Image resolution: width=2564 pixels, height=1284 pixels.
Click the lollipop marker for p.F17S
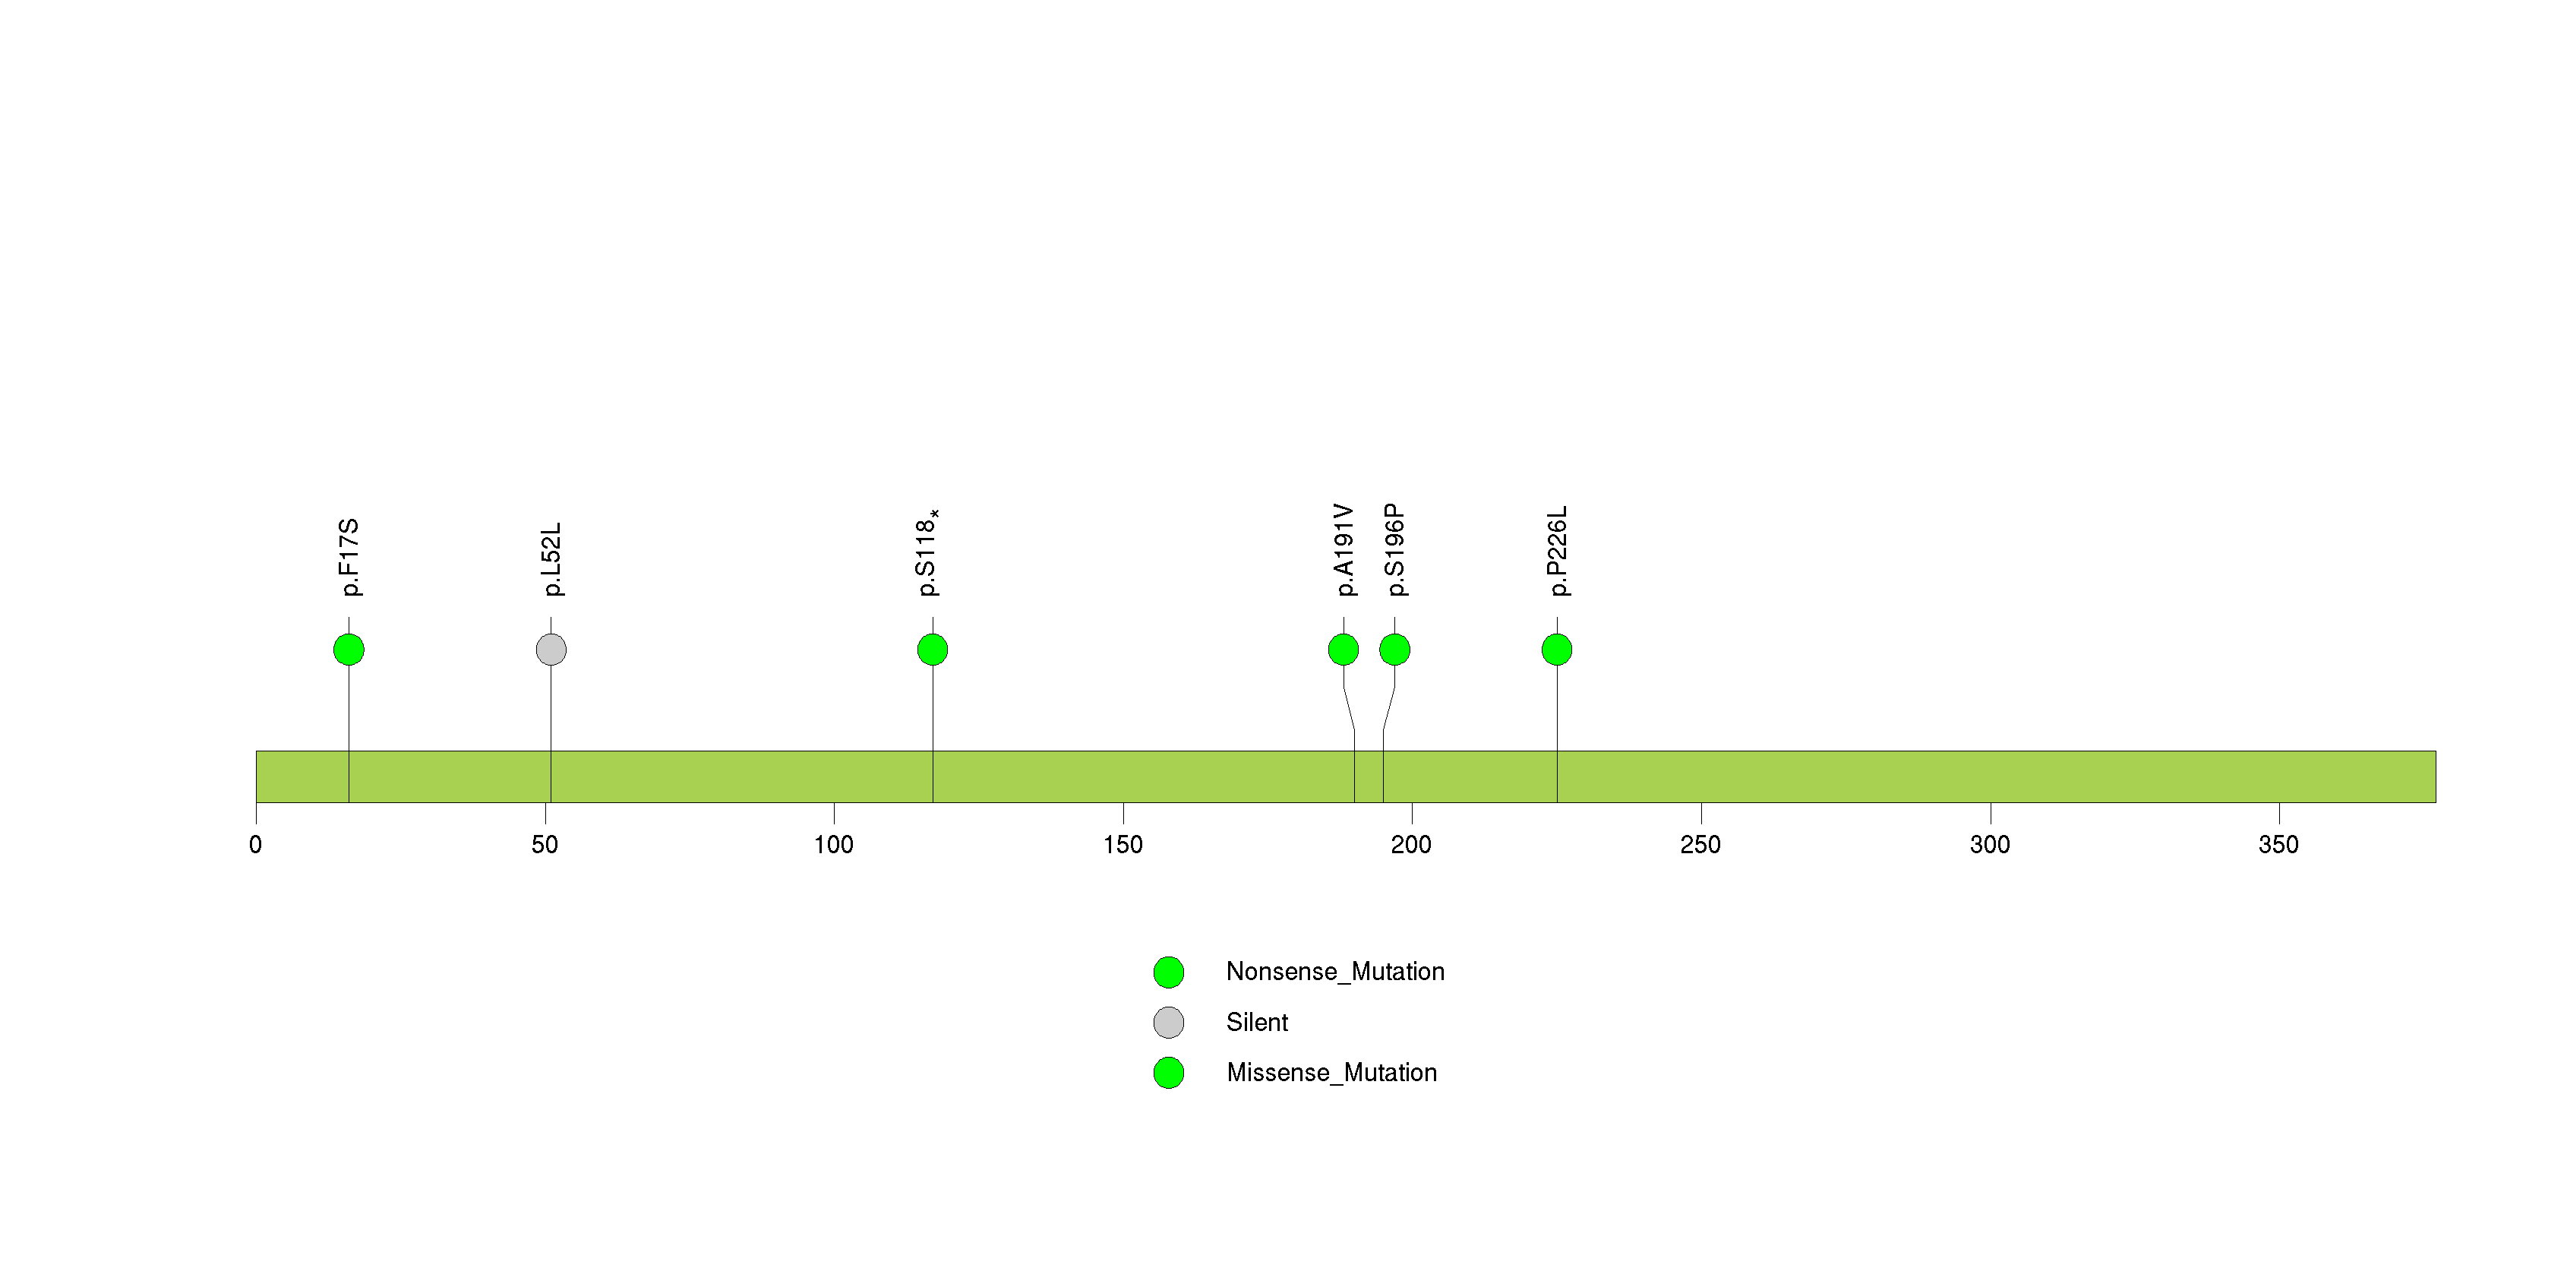tap(349, 650)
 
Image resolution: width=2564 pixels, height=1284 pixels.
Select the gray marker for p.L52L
tap(551, 650)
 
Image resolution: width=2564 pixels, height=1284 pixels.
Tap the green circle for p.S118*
tap(933, 650)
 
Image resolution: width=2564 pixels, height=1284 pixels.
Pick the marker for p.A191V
tap(1343, 650)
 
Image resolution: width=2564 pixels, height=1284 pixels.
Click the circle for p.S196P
tap(1394, 650)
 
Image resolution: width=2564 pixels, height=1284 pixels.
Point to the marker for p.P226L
tap(1557, 650)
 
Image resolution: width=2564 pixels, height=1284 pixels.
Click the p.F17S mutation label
tap(349, 558)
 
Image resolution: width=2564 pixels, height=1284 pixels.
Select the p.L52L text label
tap(551, 559)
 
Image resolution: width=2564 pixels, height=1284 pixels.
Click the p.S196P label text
tap(1395, 550)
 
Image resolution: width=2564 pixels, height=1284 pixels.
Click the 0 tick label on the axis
tap(256, 845)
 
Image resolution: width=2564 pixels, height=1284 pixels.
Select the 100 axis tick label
tap(833, 845)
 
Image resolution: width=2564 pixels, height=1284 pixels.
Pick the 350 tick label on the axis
tap(2278, 845)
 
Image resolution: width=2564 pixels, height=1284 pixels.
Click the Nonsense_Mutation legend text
tap(1334, 972)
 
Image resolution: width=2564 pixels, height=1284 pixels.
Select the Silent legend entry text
tap(1257, 1022)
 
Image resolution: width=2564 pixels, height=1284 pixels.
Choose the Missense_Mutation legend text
tap(1332, 1073)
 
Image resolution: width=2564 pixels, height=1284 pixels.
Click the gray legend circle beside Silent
tap(1169, 1022)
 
